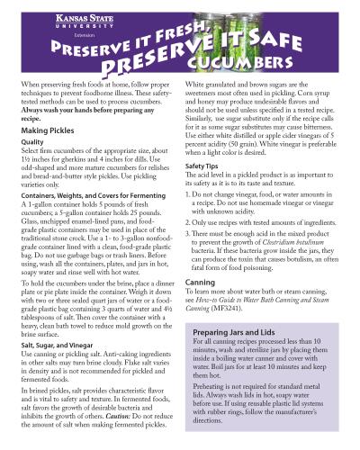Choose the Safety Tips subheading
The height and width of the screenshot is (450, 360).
click(204, 166)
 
